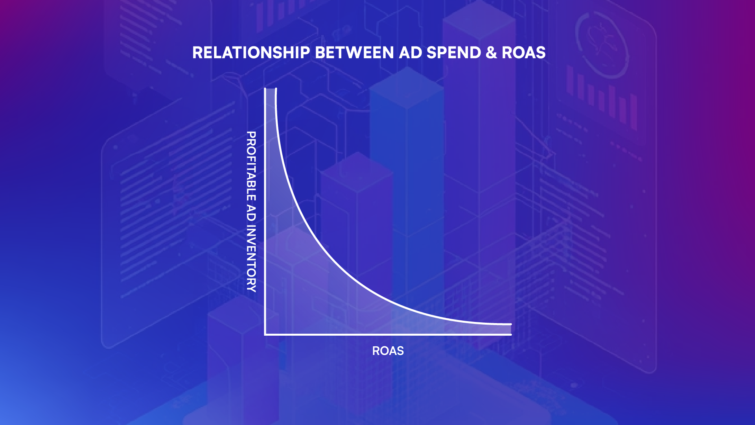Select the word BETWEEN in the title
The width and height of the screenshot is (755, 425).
pos(355,53)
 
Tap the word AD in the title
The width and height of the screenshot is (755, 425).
pos(411,53)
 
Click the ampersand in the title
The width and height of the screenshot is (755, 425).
pos(491,53)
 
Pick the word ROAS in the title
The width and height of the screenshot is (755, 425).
pos(524,53)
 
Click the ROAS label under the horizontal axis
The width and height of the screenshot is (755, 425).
pos(388,351)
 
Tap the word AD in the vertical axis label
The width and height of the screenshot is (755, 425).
pos(251,213)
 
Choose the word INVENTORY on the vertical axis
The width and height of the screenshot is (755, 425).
pos(251,259)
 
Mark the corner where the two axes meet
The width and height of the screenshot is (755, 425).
pos(265,334)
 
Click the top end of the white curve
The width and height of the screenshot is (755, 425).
pos(276,89)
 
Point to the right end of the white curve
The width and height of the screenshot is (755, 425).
pos(511,324)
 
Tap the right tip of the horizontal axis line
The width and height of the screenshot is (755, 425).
pos(511,334)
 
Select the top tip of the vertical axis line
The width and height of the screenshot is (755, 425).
pos(265,89)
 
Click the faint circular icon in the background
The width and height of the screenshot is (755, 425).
pos(602,43)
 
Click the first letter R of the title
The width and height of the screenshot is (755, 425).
pos(197,53)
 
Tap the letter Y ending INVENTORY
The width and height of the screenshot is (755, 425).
pos(251,288)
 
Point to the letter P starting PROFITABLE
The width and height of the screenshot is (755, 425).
pos(251,135)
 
